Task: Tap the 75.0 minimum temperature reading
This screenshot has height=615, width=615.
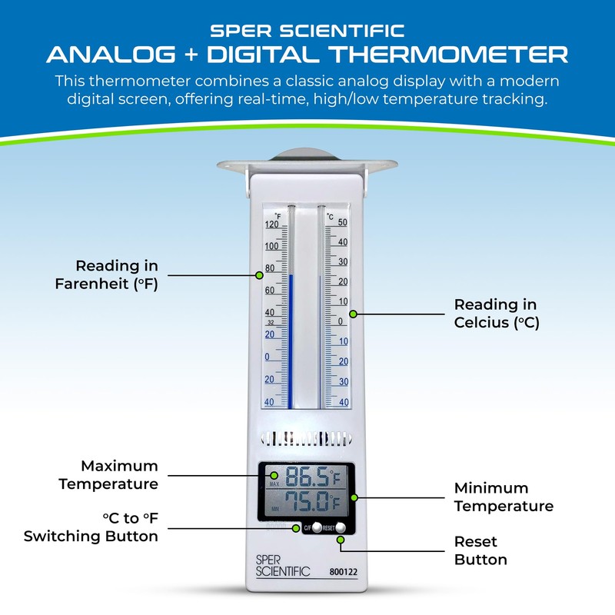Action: click(x=306, y=504)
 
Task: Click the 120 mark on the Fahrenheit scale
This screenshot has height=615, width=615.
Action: click(x=271, y=225)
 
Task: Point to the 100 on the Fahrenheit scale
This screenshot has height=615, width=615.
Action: click(x=271, y=247)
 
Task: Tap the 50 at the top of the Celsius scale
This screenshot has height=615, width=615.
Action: click(x=343, y=223)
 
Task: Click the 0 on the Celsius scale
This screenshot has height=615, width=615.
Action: click(x=341, y=321)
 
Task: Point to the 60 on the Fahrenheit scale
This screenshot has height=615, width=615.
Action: click(x=270, y=291)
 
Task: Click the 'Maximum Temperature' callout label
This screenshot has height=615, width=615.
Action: click(x=119, y=475)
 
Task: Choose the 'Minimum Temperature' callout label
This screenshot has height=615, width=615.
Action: click(x=504, y=497)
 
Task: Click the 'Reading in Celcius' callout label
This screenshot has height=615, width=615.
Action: click(x=496, y=314)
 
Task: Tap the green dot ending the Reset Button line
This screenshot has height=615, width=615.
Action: click(x=341, y=540)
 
